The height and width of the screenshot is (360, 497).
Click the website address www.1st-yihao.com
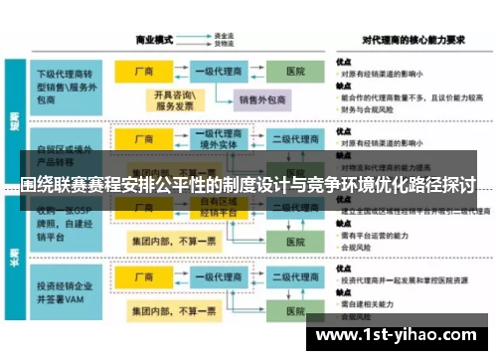(x=402, y=334)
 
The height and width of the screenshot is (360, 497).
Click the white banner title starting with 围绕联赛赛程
(x=248, y=185)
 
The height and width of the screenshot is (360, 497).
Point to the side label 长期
(x=15, y=261)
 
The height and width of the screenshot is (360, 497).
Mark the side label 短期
(x=15, y=119)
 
